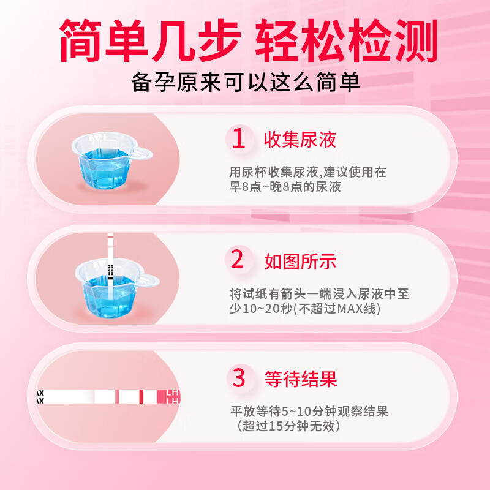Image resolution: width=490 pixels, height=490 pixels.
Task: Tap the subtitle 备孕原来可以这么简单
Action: pyautogui.click(x=245, y=83)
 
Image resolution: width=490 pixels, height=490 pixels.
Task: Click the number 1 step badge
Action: pyautogui.click(x=239, y=140)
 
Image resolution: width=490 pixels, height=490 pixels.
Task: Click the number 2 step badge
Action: pyautogui.click(x=238, y=261)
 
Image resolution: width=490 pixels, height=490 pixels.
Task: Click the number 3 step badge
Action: pyautogui.click(x=239, y=378)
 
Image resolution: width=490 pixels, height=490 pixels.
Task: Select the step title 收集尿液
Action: pyautogui.click(x=300, y=140)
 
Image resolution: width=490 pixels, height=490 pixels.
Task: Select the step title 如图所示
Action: pyautogui.click(x=300, y=262)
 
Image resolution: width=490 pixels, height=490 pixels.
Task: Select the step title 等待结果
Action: pyautogui.click(x=300, y=379)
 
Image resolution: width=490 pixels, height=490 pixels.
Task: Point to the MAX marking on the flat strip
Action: pyautogui.click(x=40, y=397)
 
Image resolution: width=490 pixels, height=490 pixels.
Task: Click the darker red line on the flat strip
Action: pyautogui.click(x=141, y=397)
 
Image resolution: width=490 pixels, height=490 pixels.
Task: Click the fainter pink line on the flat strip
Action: pyautogui.click(x=116, y=397)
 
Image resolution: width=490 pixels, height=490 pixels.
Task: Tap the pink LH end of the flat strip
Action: pyautogui.click(x=168, y=397)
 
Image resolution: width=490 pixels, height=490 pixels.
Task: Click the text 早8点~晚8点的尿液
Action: pyautogui.click(x=285, y=187)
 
